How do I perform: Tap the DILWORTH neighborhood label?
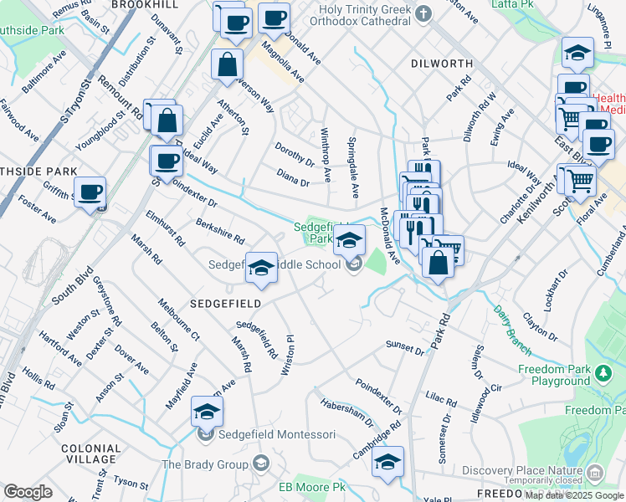[x=443, y=64]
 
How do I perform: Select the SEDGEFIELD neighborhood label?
[x=226, y=303]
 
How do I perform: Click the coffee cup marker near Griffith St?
[x=90, y=192]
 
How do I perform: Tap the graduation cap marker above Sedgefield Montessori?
[x=207, y=411]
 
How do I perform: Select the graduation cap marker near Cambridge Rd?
[x=387, y=461]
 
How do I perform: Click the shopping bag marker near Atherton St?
[x=227, y=64]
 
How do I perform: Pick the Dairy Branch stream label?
[x=506, y=324]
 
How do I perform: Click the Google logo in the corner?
[x=28, y=492]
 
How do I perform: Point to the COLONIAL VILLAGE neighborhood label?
[x=90, y=453]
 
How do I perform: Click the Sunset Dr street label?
[x=405, y=345]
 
